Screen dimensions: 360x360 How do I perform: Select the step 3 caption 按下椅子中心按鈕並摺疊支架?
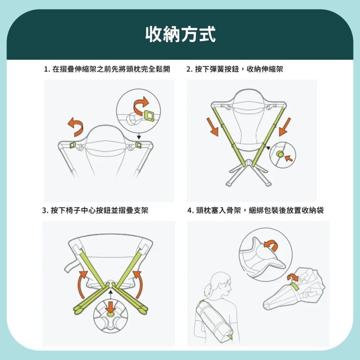95,210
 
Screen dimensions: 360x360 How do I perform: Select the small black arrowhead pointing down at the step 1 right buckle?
139,137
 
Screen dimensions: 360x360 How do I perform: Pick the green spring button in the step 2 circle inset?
279,154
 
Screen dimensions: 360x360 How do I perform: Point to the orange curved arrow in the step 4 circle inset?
270,246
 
